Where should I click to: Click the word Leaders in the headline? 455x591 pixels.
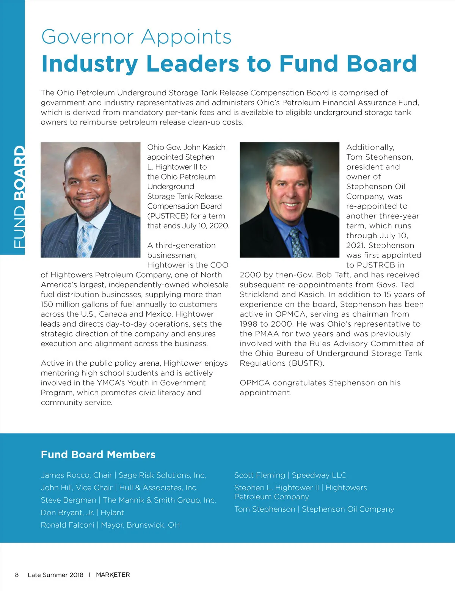click(x=193, y=63)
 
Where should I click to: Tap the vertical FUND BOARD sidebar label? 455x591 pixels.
click(x=19, y=197)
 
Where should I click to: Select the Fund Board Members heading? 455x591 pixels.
click(x=98, y=454)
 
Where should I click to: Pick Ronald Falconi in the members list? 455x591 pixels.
click(x=67, y=525)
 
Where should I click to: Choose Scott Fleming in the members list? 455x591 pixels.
click(x=259, y=475)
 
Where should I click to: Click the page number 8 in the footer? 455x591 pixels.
click(x=17, y=575)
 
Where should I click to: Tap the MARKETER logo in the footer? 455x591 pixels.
click(x=113, y=575)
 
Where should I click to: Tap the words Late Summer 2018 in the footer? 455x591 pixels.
click(x=55, y=575)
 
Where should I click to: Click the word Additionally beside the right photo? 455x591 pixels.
click(x=370, y=148)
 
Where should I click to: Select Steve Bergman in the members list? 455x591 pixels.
click(x=69, y=500)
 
